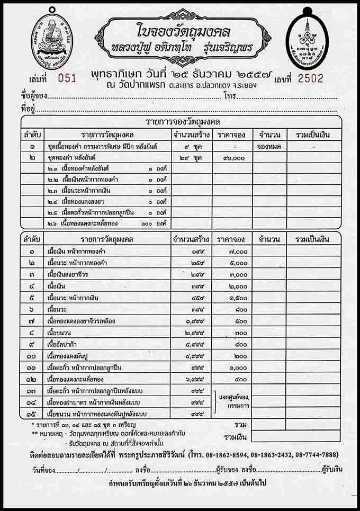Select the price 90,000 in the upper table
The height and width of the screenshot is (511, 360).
tap(231, 157)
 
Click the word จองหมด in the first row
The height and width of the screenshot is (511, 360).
tap(269, 146)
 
